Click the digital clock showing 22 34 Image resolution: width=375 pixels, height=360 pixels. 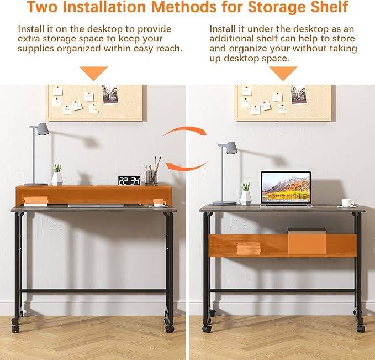click(129, 181)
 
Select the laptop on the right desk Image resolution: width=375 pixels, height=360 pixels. click(286, 189)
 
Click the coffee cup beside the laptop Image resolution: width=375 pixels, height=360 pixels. click(347, 202)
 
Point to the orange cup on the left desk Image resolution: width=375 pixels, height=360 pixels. click(159, 202)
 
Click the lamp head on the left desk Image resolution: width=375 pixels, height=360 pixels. click(42, 129)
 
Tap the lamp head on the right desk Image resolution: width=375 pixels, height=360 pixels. click(230, 148)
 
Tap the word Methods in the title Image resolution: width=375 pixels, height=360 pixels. click(184, 7)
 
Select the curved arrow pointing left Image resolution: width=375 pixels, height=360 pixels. click(186, 166)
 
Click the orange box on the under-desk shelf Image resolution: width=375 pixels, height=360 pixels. click(307, 242)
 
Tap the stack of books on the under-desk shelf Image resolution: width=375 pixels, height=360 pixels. click(249, 249)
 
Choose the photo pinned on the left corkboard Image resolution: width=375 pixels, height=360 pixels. click(110, 94)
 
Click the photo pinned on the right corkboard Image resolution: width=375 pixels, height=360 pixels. click(298, 95)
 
